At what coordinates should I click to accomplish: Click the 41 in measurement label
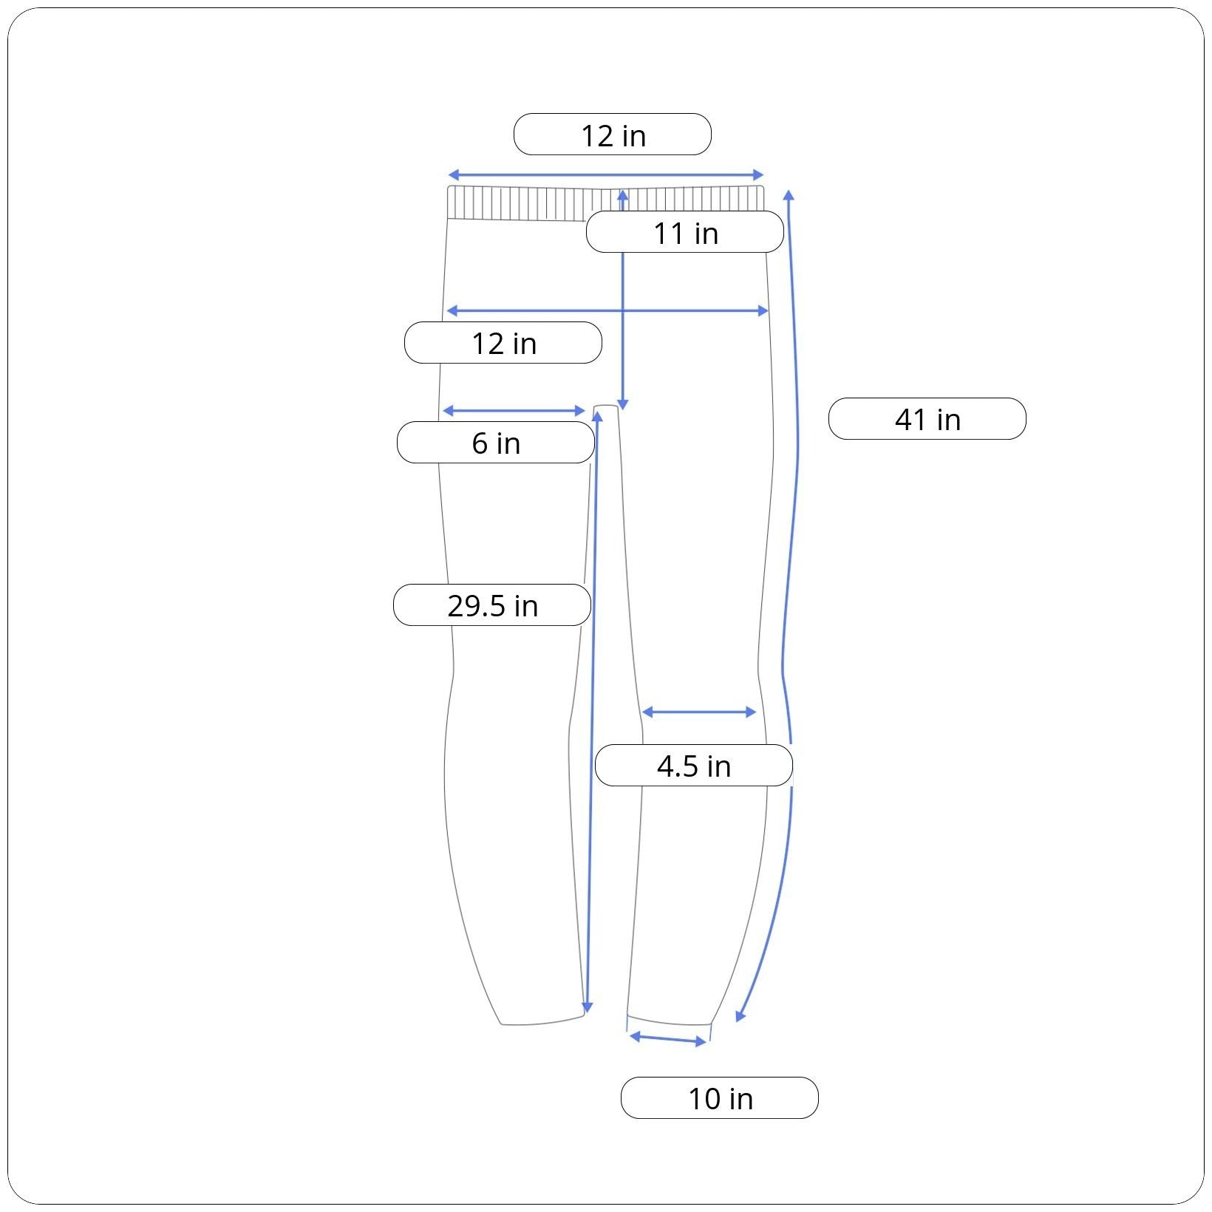tap(927, 419)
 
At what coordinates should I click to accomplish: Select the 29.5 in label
tap(492, 605)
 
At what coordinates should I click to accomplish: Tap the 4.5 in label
tap(694, 766)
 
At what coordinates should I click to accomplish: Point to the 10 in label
tap(720, 1098)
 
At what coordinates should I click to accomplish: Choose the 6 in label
tap(496, 443)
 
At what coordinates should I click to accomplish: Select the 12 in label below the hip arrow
tap(503, 343)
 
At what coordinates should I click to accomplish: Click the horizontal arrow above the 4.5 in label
tap(698, 712)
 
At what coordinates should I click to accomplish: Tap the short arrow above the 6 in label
tap(514, 411)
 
